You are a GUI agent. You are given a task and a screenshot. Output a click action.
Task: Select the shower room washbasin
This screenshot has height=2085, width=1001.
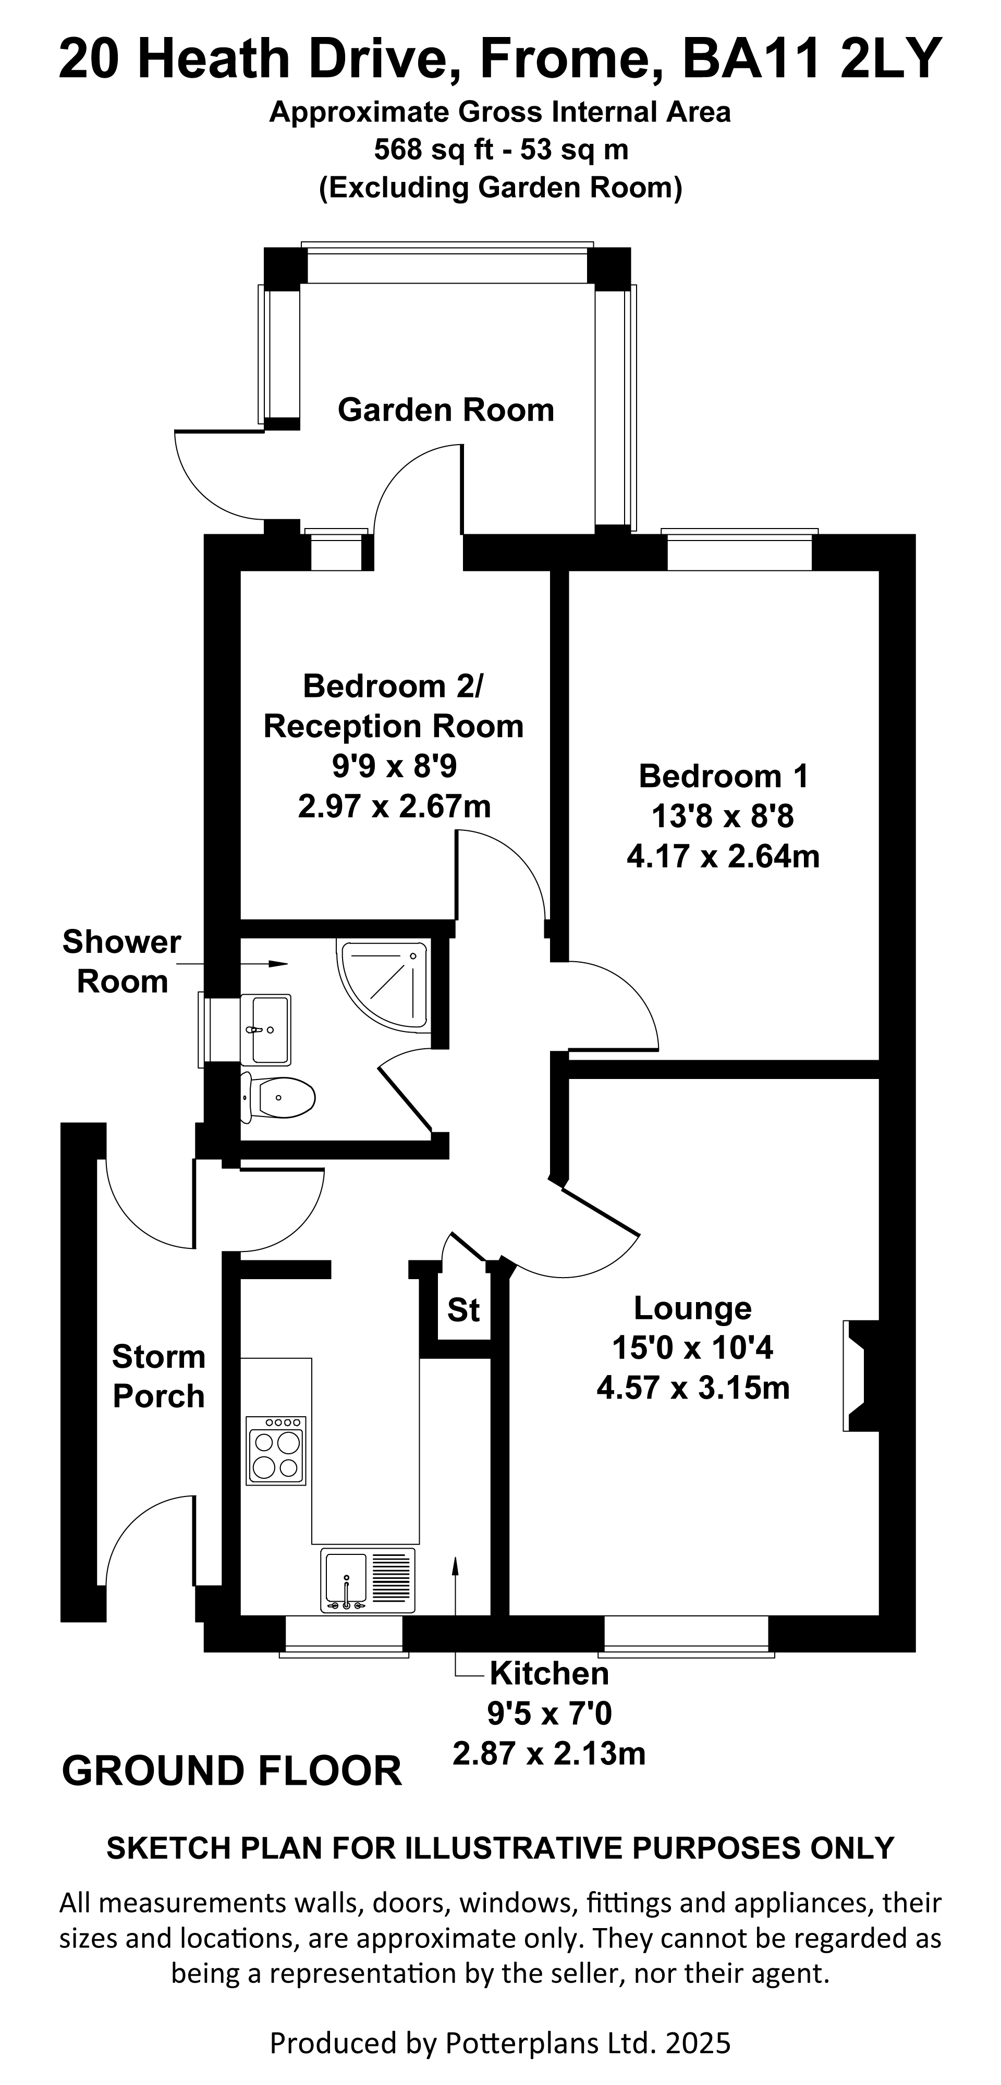pyautogui.click(x=266, y=1029)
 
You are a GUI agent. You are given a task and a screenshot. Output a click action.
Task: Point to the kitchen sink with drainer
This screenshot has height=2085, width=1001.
pyautogui.click(x=368, y=1580)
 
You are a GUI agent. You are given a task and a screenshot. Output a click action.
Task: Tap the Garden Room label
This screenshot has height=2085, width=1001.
pyautogui.click(x=446, y=410)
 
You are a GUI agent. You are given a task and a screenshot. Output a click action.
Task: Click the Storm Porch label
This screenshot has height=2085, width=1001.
pyautogui.click(x=158, y=1376)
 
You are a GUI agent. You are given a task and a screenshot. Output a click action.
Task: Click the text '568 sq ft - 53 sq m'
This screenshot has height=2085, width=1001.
pyautogui.click(x=502, y=150)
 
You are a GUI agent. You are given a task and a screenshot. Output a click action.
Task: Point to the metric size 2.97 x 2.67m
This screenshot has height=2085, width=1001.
pyautogui.click(x=395, y=806)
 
